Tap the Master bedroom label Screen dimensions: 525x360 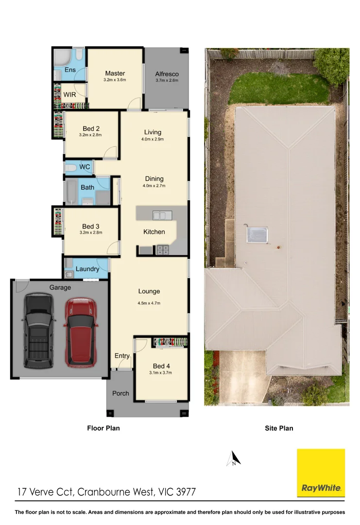pos(115,73)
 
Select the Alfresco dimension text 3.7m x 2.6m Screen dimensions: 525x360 pos(167,80)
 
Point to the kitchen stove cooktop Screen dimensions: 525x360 pos(162,250)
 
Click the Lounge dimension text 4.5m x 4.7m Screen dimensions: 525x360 pos(149,303)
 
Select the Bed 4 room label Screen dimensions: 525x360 pos(161,366)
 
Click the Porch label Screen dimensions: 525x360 pos(120,393)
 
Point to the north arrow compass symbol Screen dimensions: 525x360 pos(234,459)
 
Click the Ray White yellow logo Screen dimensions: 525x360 pos(321,472)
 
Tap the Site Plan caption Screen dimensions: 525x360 pos(278,428)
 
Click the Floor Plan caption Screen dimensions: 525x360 pos(103,428)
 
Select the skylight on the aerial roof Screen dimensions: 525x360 pos(257,234)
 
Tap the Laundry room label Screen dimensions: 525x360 pos(87,269)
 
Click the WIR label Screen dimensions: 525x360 pos(69,94)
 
